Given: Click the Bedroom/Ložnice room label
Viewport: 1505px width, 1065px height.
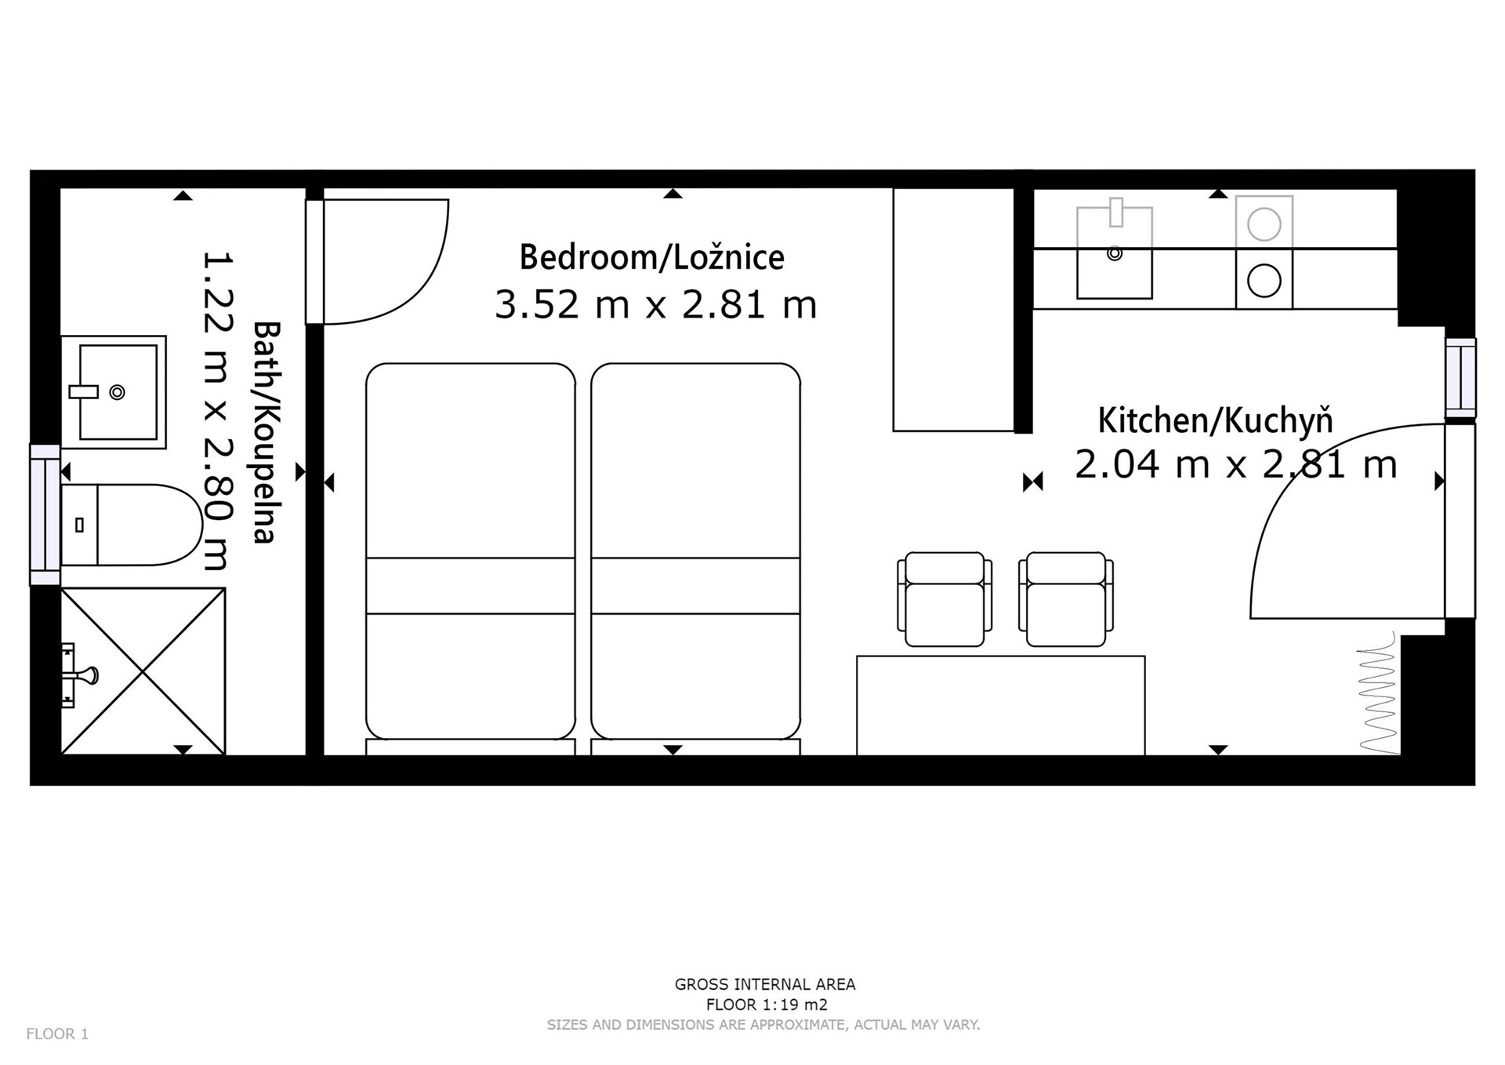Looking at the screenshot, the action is pyautogui.click(x=651, y=257).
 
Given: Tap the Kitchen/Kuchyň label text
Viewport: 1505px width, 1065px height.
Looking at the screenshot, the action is pyautogui.click(x=1215, y=421).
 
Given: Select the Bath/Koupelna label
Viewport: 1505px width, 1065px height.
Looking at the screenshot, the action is pyautogui.click(x=266, y=432).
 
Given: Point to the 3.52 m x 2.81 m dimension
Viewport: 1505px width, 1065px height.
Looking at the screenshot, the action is pyautogui.click(x=656, y=304).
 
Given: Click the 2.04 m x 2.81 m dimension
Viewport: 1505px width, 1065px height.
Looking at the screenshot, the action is pyautogui.click(x=1236, y=464).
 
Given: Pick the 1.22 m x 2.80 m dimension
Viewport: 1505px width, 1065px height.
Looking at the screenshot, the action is pyautogui.click(x=217, y=411).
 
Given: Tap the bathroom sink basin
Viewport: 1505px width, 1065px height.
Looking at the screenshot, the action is pyautogui.click(x=114, y=392).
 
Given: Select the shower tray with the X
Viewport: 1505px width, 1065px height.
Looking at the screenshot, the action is pyautogui.click(x=143, y=671).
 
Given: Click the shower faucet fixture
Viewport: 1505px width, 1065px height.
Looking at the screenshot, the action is pyautogui.click(x=79, y=674).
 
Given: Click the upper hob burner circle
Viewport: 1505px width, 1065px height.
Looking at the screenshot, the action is pyautogui.click(x=1264, y=225).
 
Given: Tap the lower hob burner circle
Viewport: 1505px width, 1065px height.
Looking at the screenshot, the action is pyautogui.click(x=1264, y=281).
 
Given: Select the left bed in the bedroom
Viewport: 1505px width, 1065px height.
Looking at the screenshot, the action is pyautogui.click(x=470, y=551).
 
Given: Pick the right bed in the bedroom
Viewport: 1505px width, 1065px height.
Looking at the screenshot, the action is pyautogui.click(x=696, y=551).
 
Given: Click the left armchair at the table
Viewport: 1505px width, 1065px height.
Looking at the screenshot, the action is pyautogui.click(x=945, y=599).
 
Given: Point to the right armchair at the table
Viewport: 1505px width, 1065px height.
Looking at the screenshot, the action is pyautogui.click(x=1066, y=599).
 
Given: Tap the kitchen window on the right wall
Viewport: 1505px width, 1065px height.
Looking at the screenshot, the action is pyautogui.click(x=1460, y=378).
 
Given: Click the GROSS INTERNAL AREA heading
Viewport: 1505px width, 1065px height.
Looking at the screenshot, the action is pyautogui.click(x=765, y=984).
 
